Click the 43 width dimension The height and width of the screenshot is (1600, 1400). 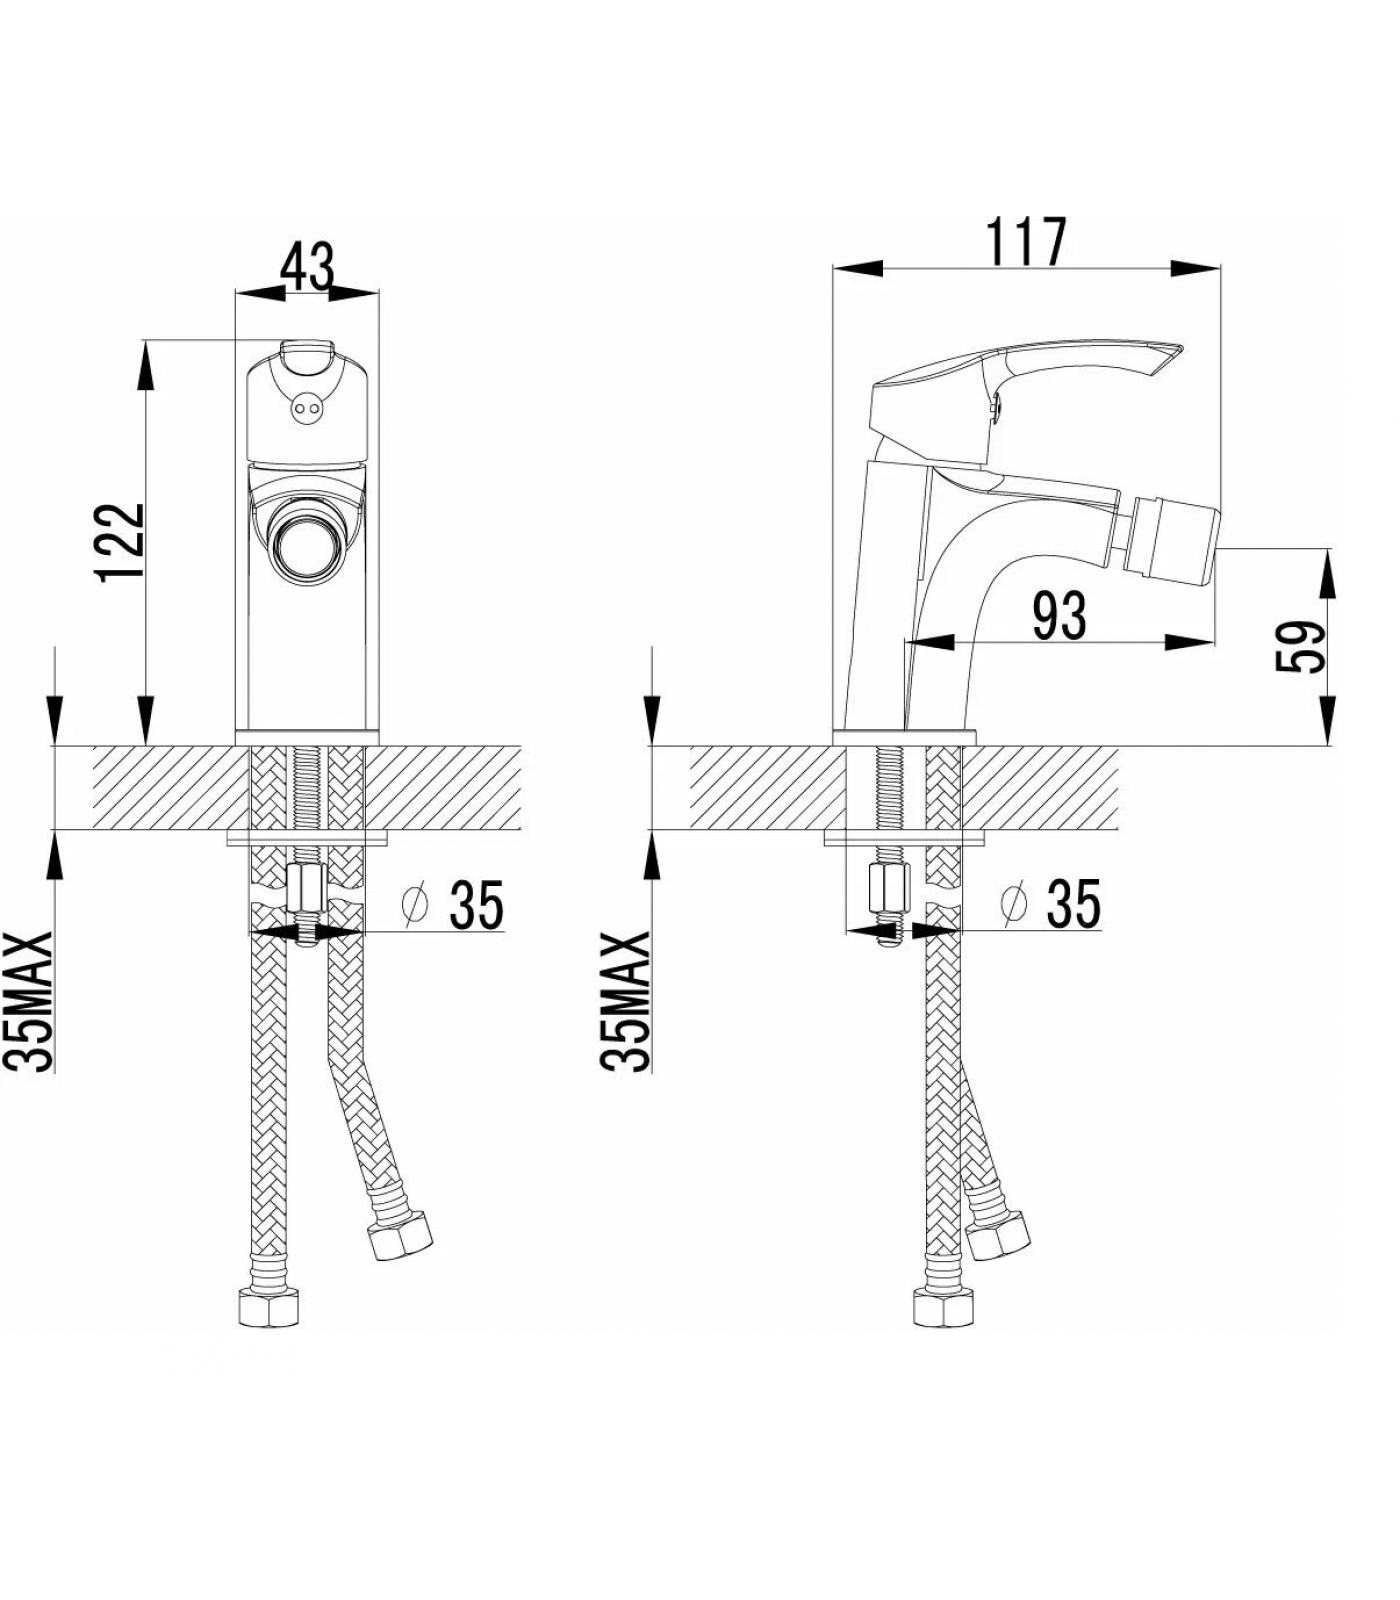click(306, 266)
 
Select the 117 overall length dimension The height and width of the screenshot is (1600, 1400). click(1027, 242)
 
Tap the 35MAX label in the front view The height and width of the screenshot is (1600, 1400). click(37, 1002)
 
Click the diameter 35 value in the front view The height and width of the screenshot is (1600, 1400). click(476, 905)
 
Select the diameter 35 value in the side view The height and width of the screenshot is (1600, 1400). click(1073, 903)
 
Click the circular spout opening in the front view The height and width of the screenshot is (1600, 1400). click(307, 547)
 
